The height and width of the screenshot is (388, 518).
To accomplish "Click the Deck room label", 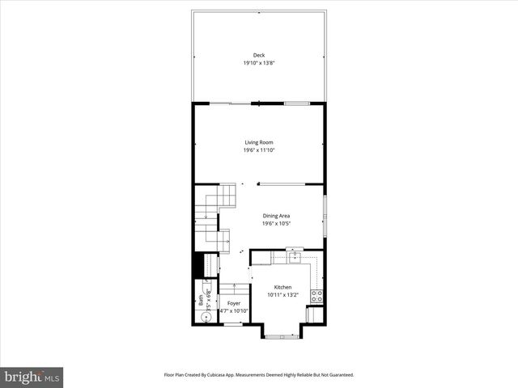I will [x=259, y=55].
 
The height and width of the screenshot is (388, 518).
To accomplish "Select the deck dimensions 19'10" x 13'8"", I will [x=259, y=63].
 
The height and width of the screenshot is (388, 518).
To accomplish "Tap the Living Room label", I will [x=259, y=142].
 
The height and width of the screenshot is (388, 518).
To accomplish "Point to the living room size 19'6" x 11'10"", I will [x=259, y=150].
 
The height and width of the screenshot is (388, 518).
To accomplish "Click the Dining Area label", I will [x=276, y=216].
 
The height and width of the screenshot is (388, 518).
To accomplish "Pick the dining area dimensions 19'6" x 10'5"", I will [x=276, y=224].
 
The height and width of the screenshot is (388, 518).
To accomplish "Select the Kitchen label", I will [x=282, y=288].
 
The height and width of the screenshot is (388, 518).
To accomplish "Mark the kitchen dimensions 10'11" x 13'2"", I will [x=282, y=296].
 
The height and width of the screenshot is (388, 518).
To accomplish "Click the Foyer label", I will [x=233, y=303].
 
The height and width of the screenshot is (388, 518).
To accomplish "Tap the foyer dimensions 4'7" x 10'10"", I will [x=233, y=311].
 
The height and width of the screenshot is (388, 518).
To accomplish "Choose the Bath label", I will [x=201, y=298].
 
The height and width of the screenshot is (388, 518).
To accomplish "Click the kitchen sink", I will [x=295, y=258].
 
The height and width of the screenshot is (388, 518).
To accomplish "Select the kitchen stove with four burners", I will [x=318, y=296].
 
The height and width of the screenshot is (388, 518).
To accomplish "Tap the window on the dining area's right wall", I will [x=325, y=216].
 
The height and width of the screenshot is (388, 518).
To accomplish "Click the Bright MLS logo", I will [x=32, y=377].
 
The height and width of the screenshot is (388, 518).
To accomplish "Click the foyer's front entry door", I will [x=232, y=324].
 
